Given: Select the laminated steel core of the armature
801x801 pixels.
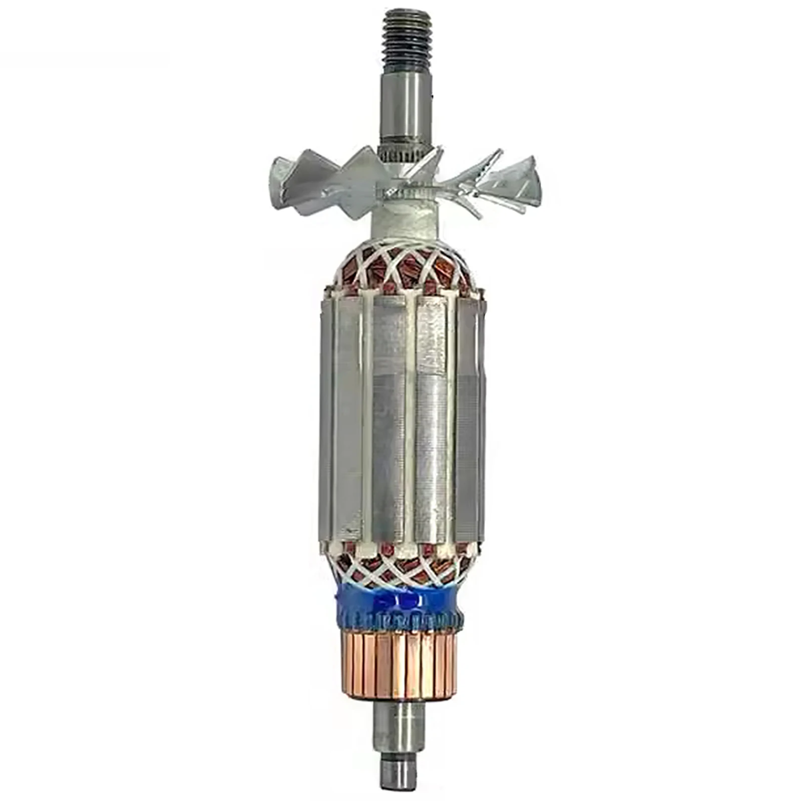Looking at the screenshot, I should (403, 416).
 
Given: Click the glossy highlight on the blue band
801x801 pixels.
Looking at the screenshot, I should (400, 598).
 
